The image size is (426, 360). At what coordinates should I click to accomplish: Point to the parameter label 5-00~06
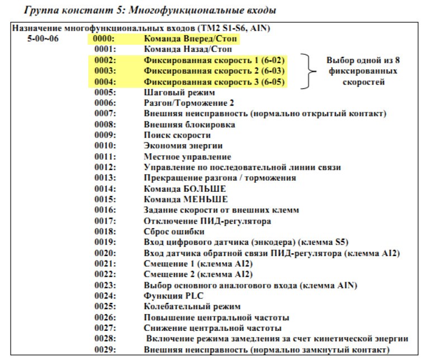[x=42, y=39]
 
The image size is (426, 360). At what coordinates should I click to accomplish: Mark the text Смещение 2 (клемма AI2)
[x=198, y=274]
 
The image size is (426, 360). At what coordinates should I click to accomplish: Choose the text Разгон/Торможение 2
[x=189, y=103]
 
